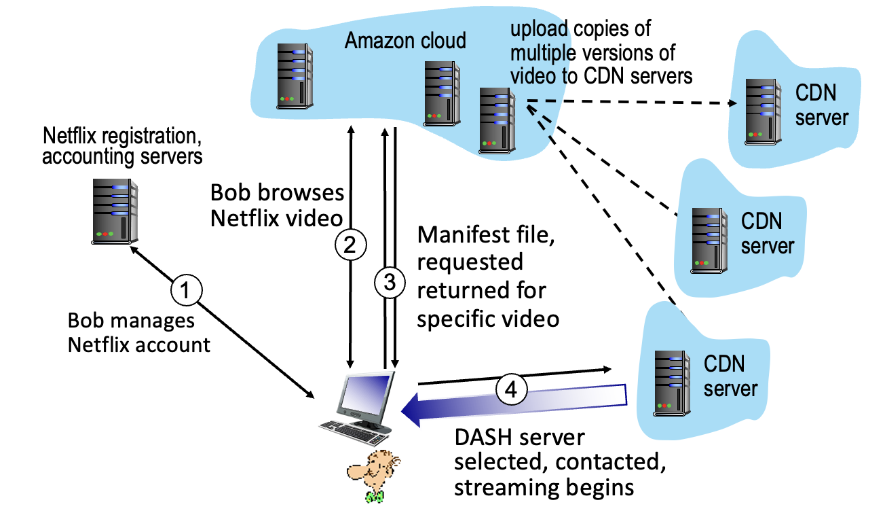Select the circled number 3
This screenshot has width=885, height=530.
390,283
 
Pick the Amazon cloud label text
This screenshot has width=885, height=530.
405,40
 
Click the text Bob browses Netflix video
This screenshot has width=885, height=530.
278,205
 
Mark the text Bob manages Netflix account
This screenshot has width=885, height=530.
139,332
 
